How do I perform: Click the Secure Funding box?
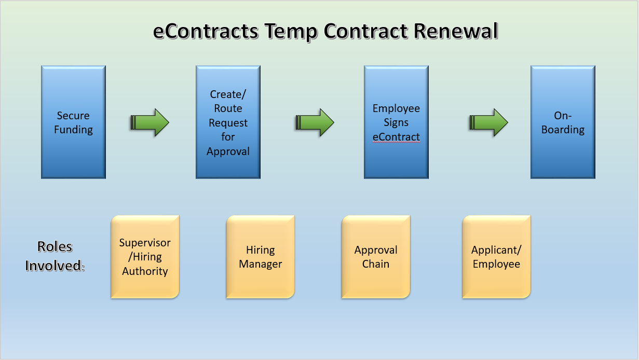[x=73, y=122]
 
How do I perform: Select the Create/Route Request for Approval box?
[x=228, y=122]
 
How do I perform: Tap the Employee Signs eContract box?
[x=396, y=122]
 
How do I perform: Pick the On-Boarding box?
[x=563, y=122]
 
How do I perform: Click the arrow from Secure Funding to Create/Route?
[x=149, y=123]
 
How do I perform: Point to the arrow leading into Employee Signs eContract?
[x=315, y=123]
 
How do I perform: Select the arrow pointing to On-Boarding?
[x=488, y=123]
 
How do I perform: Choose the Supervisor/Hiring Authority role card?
[x=145, y=257]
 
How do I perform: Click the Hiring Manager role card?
[x=260, y=257]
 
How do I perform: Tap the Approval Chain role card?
[x=375, y=257]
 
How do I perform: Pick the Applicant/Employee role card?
[x=496, y=257]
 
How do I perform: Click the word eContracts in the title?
[x=206, y=32]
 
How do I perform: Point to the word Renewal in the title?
[x=456, y=32]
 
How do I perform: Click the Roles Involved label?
[x=55, y=256]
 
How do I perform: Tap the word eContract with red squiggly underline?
[x=396, y=137]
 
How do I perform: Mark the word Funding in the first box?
[x=73, y=130]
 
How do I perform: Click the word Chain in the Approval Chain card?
[x=375, y=264]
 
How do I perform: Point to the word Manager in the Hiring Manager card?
[x=260, y=264]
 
